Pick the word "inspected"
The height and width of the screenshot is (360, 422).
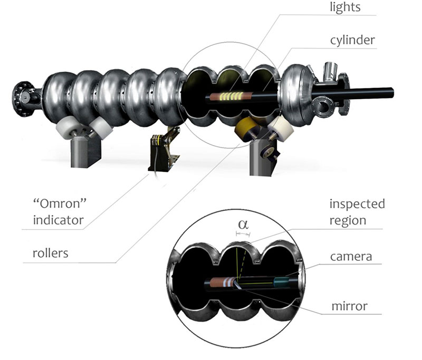pyautogui.click(x=357, y=203)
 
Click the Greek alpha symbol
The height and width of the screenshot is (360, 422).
pyautogui.click(x=243, y=223)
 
